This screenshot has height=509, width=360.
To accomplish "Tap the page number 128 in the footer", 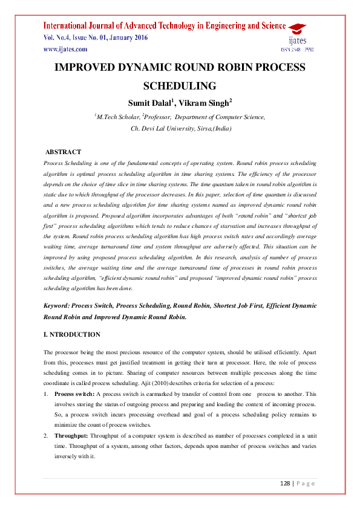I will (286, 484).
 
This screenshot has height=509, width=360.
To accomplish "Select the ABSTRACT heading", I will (64, 152).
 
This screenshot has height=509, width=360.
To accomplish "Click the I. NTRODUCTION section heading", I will (73, 334).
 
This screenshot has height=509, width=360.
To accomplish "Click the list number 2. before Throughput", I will (47, 435).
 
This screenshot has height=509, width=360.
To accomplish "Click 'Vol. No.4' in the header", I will (59, 37).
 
